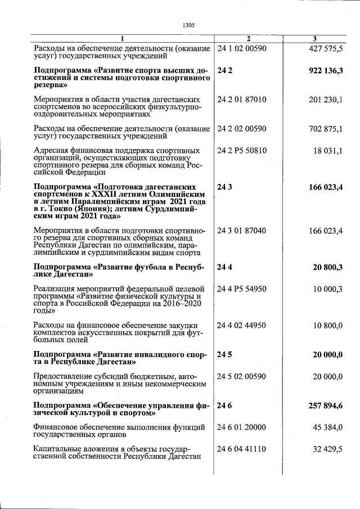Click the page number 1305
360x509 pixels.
[x=188, y=25]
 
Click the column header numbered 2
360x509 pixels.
[x=247, y=38]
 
